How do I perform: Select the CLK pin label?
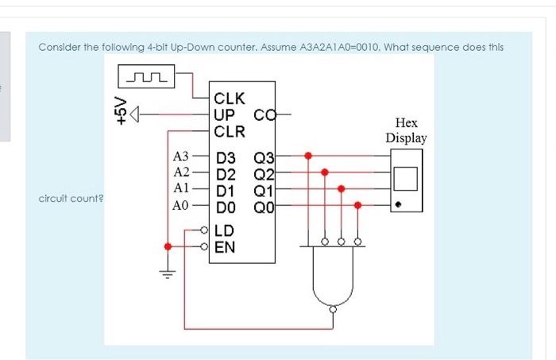pyautogui.click(x=230, y=100)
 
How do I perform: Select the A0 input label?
pyautogui.click(x=180, y=205)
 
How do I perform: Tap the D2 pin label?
pyautogui.click(x=226, y=174)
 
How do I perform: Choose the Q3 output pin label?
pyautogui.click(x=264, y=157)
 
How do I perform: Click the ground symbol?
pyautogui.click(x=168, y=274)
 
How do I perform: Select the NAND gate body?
pyautogui.click(x=331, y=274)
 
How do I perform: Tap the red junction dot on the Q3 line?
pyautogui.click(x=308, y=156)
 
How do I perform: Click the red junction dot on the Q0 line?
pyautogui.click(x=357, y=205)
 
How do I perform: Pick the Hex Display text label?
pyautogui.click(x=406, y=130)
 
